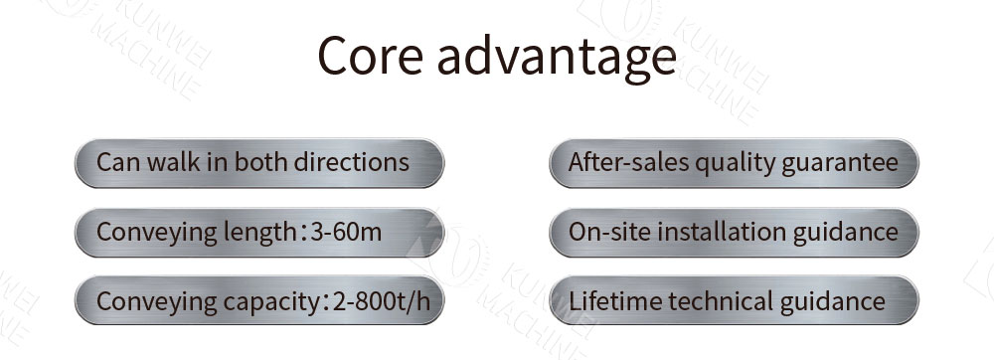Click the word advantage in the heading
(556, 58)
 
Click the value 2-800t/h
(381, 301)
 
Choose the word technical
(722, 301)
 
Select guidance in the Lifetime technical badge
(832, 301)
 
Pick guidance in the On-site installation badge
(846, 232)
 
